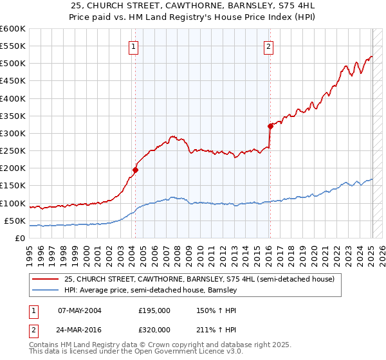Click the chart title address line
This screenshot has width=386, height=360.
click(x=192, y=6)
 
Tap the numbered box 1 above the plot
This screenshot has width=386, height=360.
click(x=133, y=46)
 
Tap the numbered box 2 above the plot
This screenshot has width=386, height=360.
click(x=268, y=46)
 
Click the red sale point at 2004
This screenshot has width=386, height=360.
click(x=135, y=170)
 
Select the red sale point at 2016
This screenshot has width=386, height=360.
click(x=271, y=127)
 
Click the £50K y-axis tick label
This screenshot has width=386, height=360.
click(x=14, y=221)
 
